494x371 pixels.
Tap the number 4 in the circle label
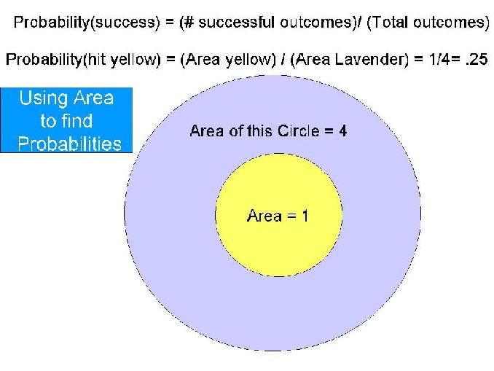coord(342,130)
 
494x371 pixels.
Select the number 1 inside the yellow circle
coord(305,216)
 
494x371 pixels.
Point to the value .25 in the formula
coord(477,59)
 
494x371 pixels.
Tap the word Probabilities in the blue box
coord(69,144)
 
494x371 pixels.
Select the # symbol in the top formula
coord(189,23)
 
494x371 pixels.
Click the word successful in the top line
coord(236,22)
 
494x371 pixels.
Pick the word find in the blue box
coord(77,121)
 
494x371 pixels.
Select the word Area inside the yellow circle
coord(264,216)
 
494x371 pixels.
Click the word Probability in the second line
coord(44,59)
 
